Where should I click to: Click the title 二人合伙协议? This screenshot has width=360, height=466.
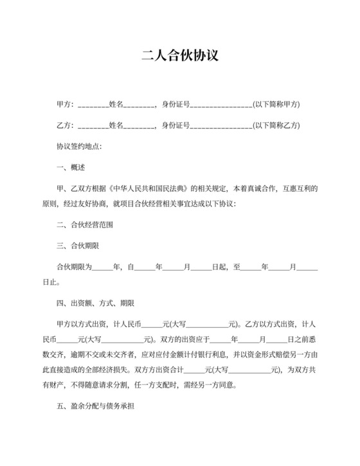tap(180, 56)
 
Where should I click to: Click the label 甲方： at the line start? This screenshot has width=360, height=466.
tap(66, 104)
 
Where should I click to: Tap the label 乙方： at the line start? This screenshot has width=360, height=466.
tap(66, 125)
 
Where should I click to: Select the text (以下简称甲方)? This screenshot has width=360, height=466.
tap(276, 104)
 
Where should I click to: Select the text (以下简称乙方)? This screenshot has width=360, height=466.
tap(276, 125)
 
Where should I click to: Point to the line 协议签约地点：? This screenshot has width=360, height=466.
tap(79, 147)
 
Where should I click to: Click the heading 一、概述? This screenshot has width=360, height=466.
tap(71, 168)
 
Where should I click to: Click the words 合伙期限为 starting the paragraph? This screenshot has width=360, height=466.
tap(74, 266)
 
